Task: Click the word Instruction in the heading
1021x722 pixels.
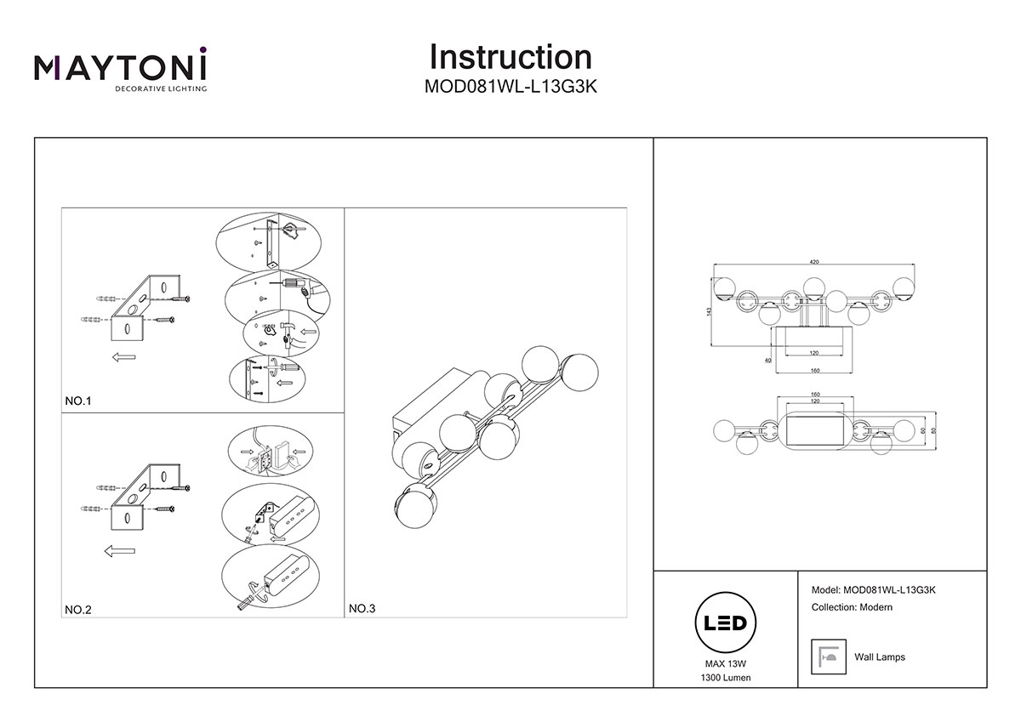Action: pyautogui.click(x=510, y=57)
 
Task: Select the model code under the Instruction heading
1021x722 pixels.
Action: pyautogui.click(x=510, y=87)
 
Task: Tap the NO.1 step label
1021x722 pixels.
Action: pyautogui.click(x=78, y=401)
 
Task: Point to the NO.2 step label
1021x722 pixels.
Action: pyautogui.click(x=78, y=610)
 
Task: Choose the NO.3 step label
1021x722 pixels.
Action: pyautogui.click(x=362, y=609)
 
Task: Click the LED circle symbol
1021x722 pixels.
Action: pyautogui.click(x=725, y=623)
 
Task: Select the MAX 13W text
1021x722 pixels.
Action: pyautogui.click(x=726, y=664)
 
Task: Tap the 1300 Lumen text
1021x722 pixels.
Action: pyautogui.click(x=726, y=678)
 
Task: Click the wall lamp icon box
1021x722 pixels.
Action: pyautogui.click(x=828, y=657)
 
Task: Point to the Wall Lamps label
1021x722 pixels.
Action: pyautogui.click(x=880, y=657)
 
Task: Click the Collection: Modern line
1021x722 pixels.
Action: pyautogui.click(x=852, y=607)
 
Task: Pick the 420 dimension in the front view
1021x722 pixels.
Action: pyautogui.click(x=814, y=262)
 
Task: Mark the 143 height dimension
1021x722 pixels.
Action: pyautogui.click(x=708, y=311)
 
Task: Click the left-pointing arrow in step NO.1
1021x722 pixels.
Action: pyautogui.click(x=124, y=357)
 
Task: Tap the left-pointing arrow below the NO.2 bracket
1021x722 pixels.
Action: pyautogui.click(x=120, y=551)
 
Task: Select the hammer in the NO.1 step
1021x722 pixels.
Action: pyautogui.click(x=287, y=335)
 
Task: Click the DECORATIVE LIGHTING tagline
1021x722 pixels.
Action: pyautogui.click(x=161, y=88)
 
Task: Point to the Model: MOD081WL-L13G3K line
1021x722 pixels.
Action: pyautogui.click(x=873, y=590)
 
